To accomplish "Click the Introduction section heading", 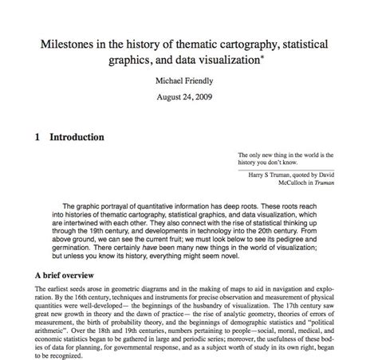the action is point(77,137).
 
